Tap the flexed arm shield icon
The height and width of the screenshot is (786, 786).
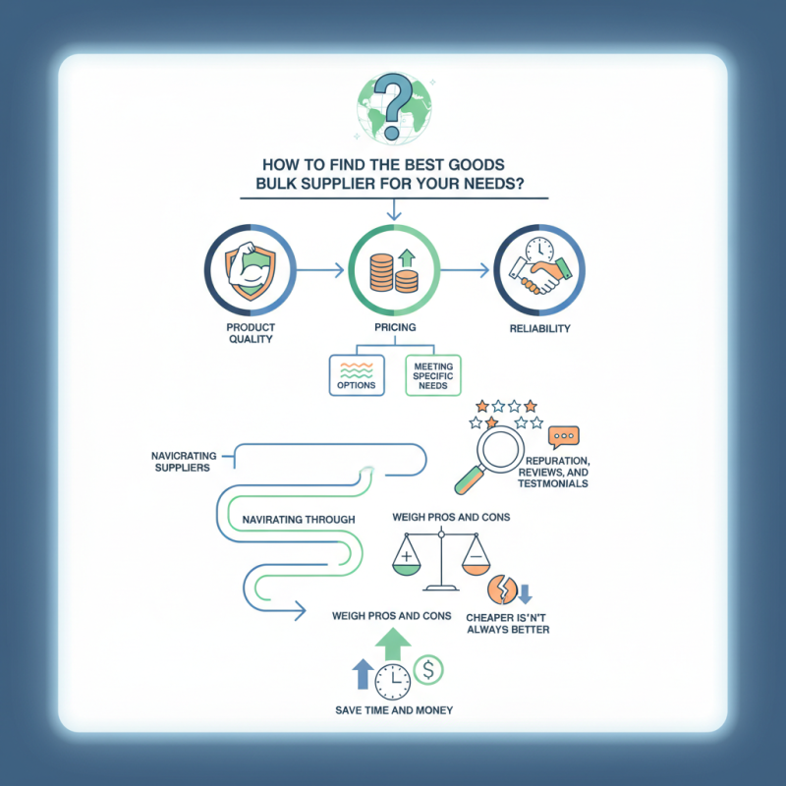(x=251, y=269)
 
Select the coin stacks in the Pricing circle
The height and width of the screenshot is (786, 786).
(x=394, y=274)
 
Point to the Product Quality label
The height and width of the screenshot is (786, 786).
(x=251, y=333)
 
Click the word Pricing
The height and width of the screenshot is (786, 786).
(x=395, y=327)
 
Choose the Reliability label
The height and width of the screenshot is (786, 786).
(x=539, y=329)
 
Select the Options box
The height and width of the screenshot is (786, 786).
(x=357, y=375)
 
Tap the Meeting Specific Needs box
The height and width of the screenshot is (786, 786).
(x=432, y=375)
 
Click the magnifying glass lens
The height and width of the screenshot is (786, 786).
(x=500, y=449)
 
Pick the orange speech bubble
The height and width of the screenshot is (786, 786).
(x=563, y=437)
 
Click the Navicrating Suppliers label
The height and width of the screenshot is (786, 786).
(x=184, y=462)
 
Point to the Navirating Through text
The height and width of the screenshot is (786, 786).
(x=299, y=520)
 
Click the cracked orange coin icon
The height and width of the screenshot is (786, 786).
(x=502, y=589)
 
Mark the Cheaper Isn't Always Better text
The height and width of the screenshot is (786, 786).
(x=507, y=624)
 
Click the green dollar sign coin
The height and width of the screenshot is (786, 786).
(x=428, y=670)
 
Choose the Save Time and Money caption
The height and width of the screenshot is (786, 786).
(x=394, y=710)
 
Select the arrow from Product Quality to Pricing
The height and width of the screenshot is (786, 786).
(x=320, y=271)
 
